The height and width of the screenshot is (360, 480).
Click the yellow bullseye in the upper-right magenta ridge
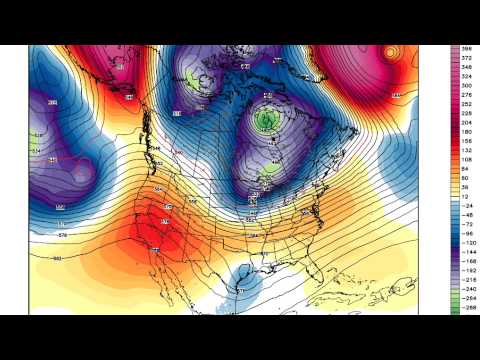click(391, 52)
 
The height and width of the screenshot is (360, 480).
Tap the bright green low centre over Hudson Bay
click(266, 120)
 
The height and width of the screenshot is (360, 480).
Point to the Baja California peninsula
click(161, 262)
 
